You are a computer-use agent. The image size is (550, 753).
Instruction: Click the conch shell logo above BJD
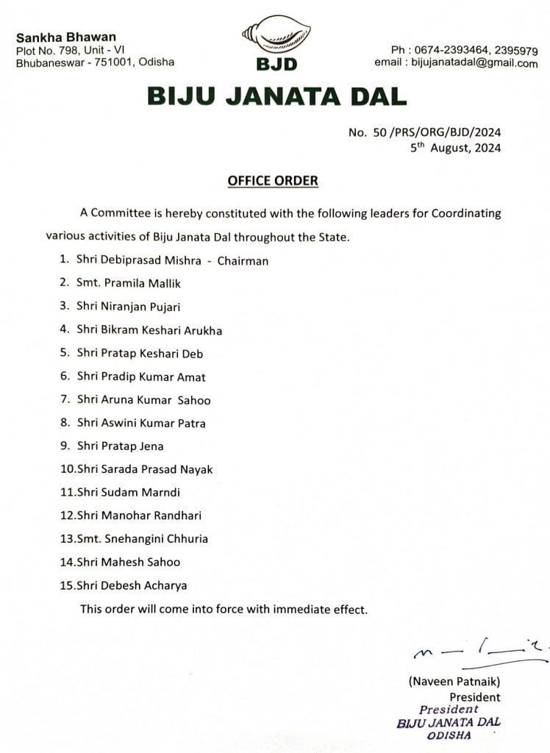[276, 36]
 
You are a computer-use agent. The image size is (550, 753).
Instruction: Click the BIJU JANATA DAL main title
[276, 96]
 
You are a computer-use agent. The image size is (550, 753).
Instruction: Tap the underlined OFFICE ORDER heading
[273, 180]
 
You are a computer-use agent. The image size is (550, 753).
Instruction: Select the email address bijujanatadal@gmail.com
[477, 63]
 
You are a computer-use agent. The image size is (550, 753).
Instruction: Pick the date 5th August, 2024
[456, 147]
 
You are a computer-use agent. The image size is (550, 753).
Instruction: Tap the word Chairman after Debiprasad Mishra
[243, 260]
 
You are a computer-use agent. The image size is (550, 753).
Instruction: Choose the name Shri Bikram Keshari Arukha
[149, 330]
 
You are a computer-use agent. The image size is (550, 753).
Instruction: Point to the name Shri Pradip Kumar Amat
[141, 377]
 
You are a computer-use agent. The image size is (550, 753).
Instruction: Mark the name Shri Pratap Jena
[120, 446]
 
